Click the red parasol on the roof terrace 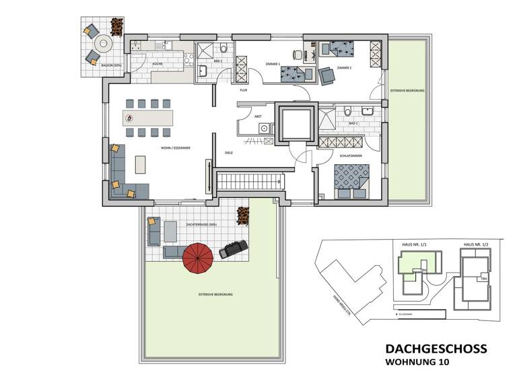point(199,257)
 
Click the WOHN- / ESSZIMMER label point(173,147)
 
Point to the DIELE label point(228,153)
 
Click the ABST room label point(257,116)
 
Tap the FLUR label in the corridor point(244,90)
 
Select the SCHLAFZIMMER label point(350,156)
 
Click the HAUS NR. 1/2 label point(475,244)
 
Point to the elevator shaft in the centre point(296,123)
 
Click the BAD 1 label point(353,124)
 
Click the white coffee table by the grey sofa point(140,164)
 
